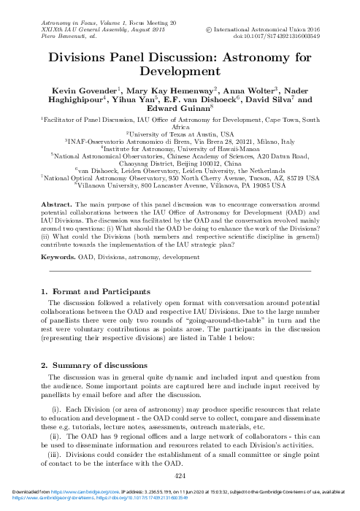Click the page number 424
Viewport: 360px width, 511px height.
[x=180, y=476]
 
